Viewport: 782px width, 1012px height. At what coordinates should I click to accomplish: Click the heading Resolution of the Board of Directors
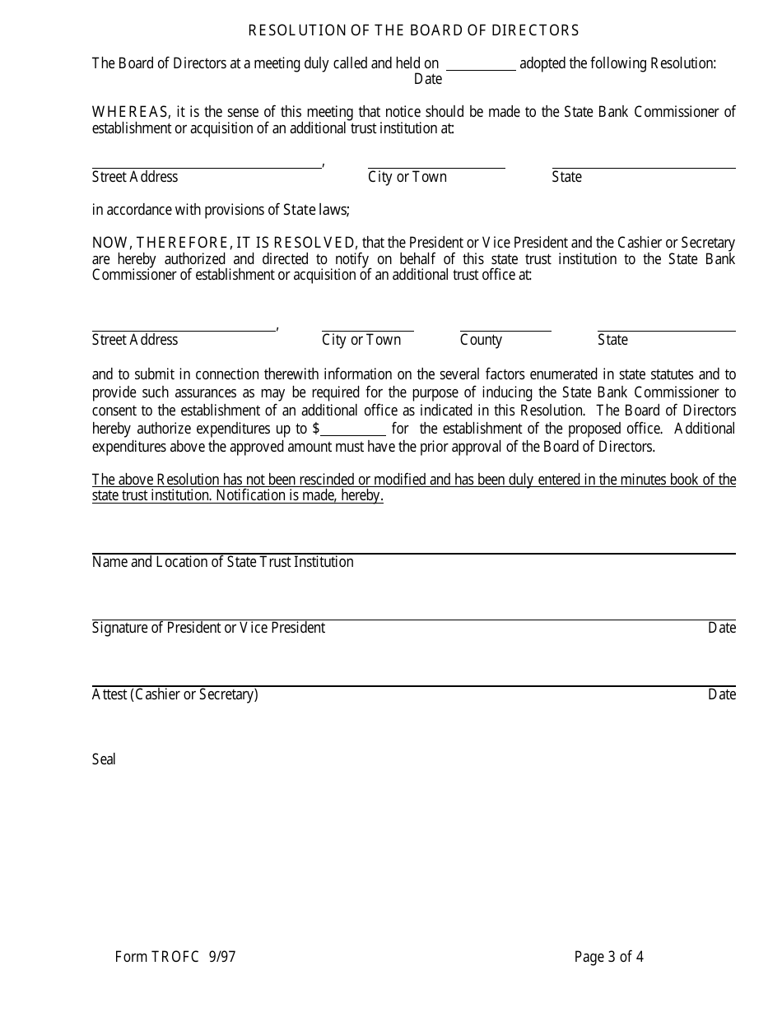413,30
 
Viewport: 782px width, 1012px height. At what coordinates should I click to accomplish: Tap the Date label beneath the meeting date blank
428,79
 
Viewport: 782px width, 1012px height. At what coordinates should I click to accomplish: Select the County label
481,340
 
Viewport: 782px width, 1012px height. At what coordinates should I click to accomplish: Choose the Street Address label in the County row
135,340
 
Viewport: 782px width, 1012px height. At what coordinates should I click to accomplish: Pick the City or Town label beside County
361,340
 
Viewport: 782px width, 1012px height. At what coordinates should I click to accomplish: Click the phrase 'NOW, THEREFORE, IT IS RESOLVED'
224,243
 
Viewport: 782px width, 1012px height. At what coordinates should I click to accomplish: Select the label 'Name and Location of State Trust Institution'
223,562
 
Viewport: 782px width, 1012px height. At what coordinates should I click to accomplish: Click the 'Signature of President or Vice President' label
208,628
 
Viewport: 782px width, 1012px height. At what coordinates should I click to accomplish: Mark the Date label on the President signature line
721,628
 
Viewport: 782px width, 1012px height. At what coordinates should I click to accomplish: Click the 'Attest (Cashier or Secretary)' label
175,694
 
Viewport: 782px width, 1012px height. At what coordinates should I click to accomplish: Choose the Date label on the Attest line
721,694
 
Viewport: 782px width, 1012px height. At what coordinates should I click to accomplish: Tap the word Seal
104,759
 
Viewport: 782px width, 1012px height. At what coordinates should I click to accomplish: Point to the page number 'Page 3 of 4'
609,956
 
